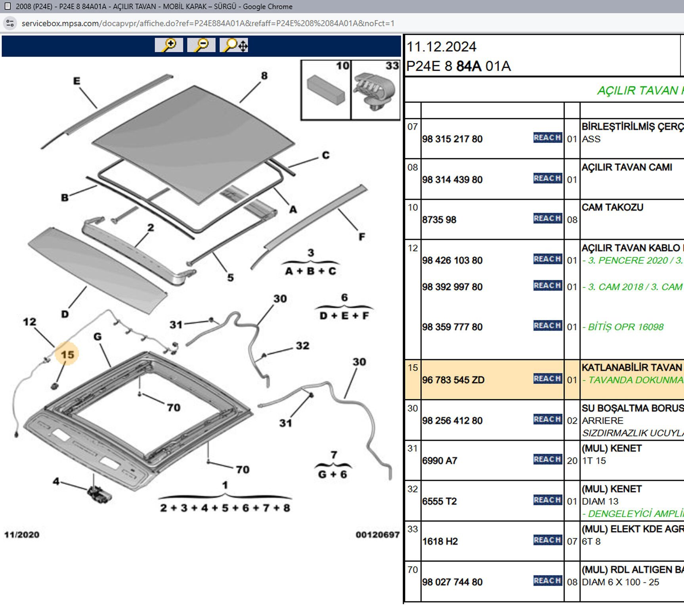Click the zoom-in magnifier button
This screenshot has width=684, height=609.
pos(169,45)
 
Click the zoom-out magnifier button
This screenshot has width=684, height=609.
pos(201,45)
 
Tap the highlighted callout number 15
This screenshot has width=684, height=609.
pos(67,354)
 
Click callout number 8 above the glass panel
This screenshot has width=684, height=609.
pos(264,75)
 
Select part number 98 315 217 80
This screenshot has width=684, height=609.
pos(452,139)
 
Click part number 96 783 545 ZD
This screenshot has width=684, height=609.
pos(453,380)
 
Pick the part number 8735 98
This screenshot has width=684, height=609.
pos(439,220)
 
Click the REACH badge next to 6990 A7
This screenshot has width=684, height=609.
pos(547,460)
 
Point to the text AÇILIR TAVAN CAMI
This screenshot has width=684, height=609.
pos(627,167)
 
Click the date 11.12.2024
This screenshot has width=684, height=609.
pos(441,47)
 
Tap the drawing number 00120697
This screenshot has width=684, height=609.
pos(377,534)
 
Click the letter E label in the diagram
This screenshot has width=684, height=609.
pos(76,81)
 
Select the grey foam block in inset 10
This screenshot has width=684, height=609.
pos(326,90)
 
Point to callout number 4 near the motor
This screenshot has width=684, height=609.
pos(56,481)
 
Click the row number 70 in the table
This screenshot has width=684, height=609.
pos(413,570)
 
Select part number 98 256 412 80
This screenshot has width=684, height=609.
pos(452,421)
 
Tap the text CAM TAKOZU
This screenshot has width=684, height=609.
pos(612,207)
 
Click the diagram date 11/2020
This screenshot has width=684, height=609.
pos(22,534)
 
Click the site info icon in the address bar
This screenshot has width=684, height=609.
pos(10,23)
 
